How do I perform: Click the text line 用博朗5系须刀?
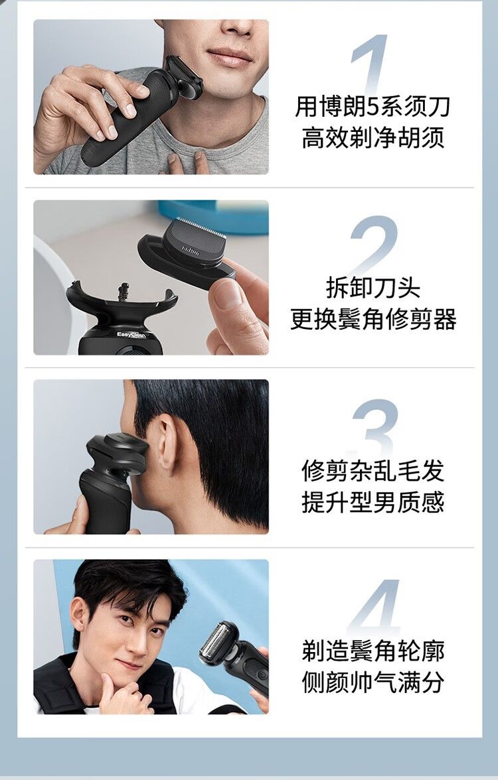point(373,106)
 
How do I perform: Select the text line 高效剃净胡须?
point(373,137)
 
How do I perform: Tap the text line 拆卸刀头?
point(373,288)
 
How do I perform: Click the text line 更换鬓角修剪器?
point(373,319)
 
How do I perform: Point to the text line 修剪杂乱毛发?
point(373,471)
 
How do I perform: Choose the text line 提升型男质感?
point(373,502)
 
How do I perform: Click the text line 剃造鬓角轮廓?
point(373,651)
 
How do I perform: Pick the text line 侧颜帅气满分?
point(373,682)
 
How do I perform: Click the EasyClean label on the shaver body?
point(131,335)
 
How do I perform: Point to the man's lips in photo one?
point(229,56)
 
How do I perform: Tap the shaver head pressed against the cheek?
point(183,77)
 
